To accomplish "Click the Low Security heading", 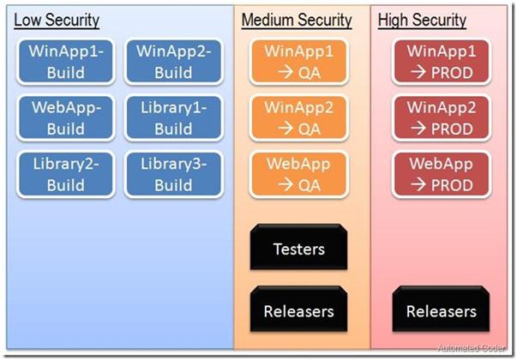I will [x=57, y=20].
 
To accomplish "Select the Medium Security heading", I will [x=297, y=20].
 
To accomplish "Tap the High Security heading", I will [x=422, y=20].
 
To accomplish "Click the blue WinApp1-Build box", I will [x=66, y=62].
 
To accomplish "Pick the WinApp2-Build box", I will [x=173, y=62].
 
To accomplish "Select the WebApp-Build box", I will [x=66, y=118].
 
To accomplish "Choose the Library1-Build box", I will [x=173, y=118].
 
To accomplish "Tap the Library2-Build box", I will [x=66, y=174].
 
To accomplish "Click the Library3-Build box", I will [x=173, y=174].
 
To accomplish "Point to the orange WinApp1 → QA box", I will [x=298, y=62].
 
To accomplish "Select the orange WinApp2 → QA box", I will [x=298, y=118].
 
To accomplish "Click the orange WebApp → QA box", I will [x=298, y=174].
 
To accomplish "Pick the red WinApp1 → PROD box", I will [x=442, y=62].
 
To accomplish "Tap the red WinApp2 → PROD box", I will [x=442, y=118].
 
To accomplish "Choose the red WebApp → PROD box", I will [x=442, y=174].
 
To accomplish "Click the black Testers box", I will [x=298, y=249].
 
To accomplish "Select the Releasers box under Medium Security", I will [x=298, y=310].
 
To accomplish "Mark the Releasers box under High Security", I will [x=442, y=310].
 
